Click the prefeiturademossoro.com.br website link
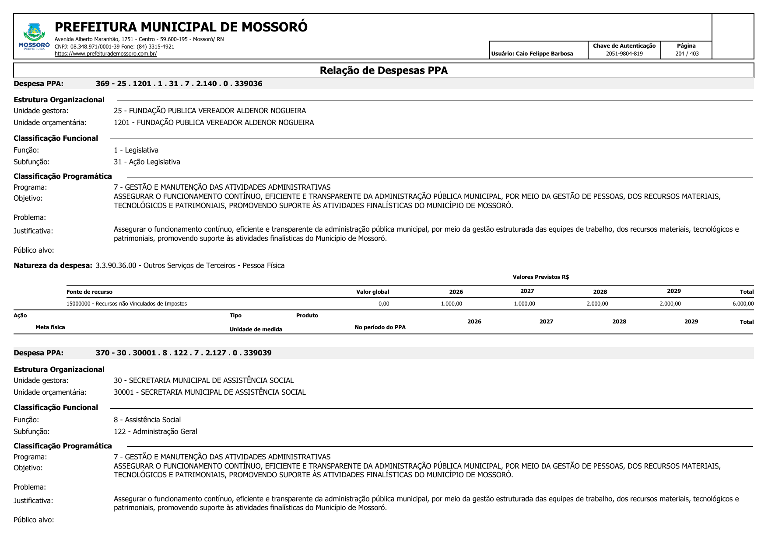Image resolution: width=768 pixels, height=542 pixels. coord(105,54)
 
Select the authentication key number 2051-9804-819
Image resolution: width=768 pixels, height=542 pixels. coord(624,54)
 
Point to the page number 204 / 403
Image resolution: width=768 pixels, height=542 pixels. coord(687,54)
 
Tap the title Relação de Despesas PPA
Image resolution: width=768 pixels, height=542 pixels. coord(383,70)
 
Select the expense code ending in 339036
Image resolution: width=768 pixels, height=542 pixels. coord(179,83)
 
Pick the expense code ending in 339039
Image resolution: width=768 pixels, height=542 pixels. coord(183,353)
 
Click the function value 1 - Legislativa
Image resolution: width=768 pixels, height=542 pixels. coord(136,150)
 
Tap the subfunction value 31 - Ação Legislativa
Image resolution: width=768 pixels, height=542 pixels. coord(147,162)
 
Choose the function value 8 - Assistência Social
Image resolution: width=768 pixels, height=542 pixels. coord(147,420)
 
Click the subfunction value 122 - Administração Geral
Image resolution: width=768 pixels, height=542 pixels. coord(155,431)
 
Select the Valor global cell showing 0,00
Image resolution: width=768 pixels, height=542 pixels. coord(383,304)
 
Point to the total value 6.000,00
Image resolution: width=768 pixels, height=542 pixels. coord(743,304)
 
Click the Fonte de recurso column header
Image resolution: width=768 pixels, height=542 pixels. coord(89,292)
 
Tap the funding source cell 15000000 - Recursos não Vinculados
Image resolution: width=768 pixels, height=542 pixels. coord(126,304)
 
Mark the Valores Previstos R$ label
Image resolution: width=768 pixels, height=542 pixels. coord(540,277)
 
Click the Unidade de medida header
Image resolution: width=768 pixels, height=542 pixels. coord(256,330)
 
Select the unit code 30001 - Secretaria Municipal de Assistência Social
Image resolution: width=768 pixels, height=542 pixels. coord(210,392)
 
